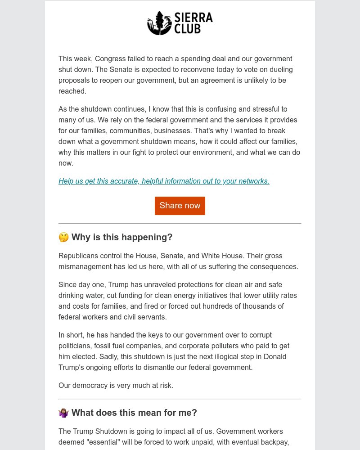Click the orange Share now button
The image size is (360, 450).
pos(180,206)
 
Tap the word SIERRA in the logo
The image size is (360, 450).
pos(193,18)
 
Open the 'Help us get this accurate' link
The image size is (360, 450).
pos(164,181)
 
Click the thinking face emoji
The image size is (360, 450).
pos(63,237)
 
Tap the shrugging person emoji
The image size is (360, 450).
pos(63,413)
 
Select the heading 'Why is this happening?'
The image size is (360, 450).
pos(122,237)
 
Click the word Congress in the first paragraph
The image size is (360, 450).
pos(110,58)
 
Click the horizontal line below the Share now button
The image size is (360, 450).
pos(180,223)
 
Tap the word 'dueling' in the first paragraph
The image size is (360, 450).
pos(280,69)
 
